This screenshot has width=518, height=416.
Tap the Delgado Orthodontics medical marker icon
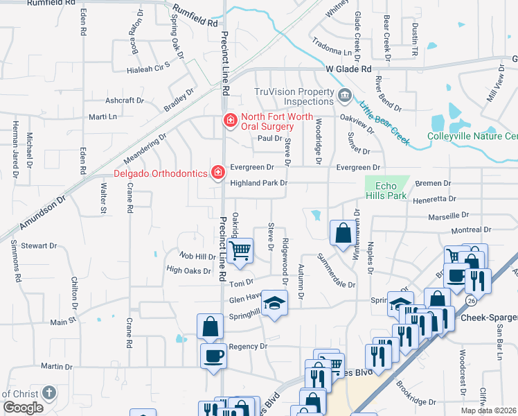pyautogui.click(x=217, y=171)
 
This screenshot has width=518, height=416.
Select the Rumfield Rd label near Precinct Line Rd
pyautogui.click(x=195, y=17)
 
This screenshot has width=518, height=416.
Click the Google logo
pyautogui.click(x=24, y=408)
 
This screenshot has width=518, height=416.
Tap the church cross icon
pyautogui.click(x=48, y=392)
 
